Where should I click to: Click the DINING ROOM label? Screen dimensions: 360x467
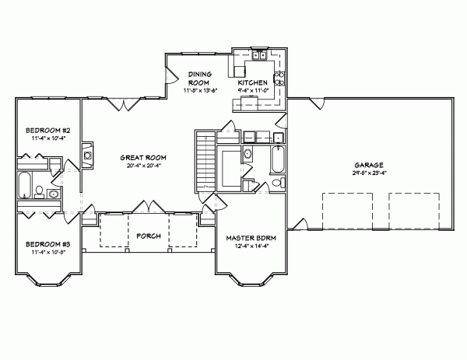pos(200,79)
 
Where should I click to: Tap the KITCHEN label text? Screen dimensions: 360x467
pos(253,82)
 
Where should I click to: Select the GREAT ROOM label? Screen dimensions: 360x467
pos(144,157)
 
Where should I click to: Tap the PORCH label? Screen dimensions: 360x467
pos(148,236)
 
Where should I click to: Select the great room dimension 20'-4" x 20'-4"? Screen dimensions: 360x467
pos(144,165)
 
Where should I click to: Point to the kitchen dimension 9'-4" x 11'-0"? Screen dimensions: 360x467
pos(253,90)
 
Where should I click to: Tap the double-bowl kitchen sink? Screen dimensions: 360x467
pos(259,58)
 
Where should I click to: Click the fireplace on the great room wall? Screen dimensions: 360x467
pos(88,153)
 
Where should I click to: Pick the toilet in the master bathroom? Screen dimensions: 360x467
pos(277,183)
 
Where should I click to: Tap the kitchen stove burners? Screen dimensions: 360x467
pos(280,78)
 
